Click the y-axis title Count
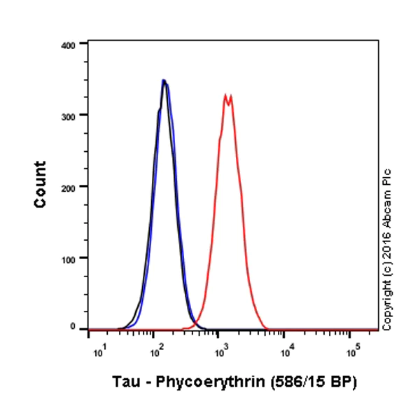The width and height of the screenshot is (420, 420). (x=41, y=185)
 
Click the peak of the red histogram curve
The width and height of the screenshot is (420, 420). (x=226, y=94)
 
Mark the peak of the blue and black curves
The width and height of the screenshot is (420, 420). (x=164, y=80)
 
